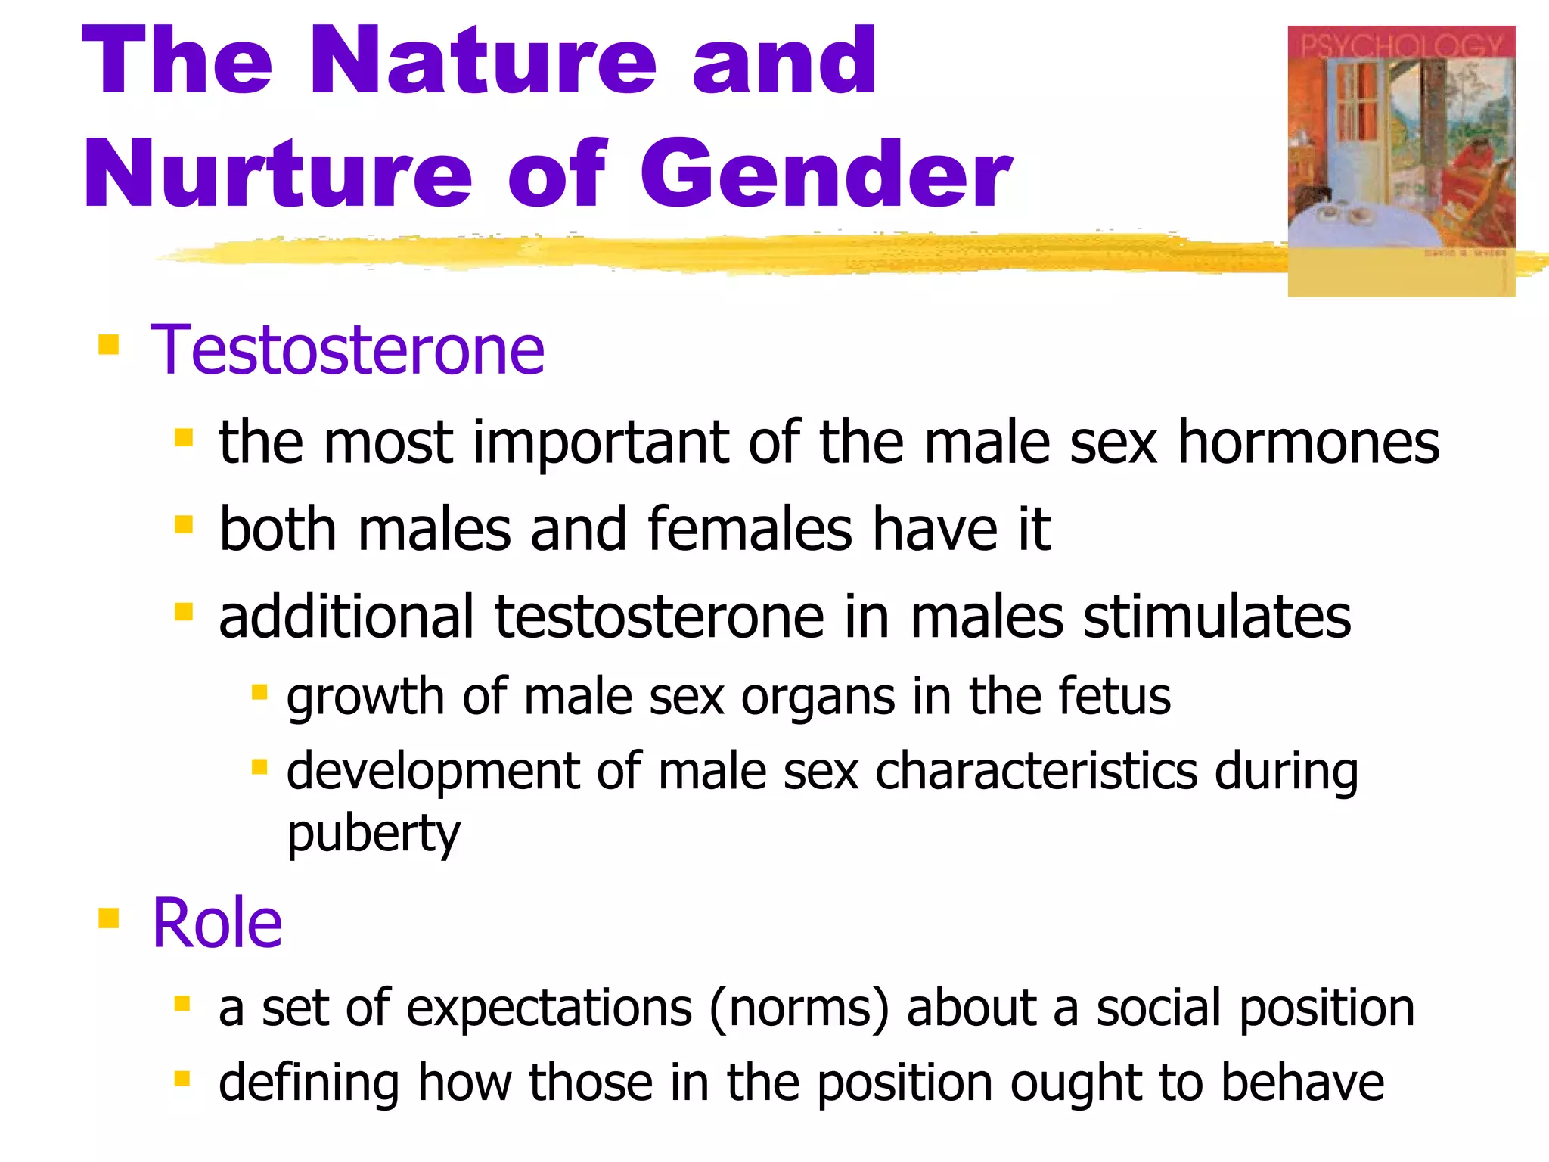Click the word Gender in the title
point(826,174)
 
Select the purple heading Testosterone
point(347,350)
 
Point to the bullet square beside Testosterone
point(109,345)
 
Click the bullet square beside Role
point(109,918)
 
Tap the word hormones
point(1308,443)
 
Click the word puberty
point(373,834)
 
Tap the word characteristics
point(1036,772)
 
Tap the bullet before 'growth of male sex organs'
point(259,692)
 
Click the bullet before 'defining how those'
point(182,1078)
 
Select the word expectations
point(549,1008)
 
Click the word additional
point(346,617)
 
